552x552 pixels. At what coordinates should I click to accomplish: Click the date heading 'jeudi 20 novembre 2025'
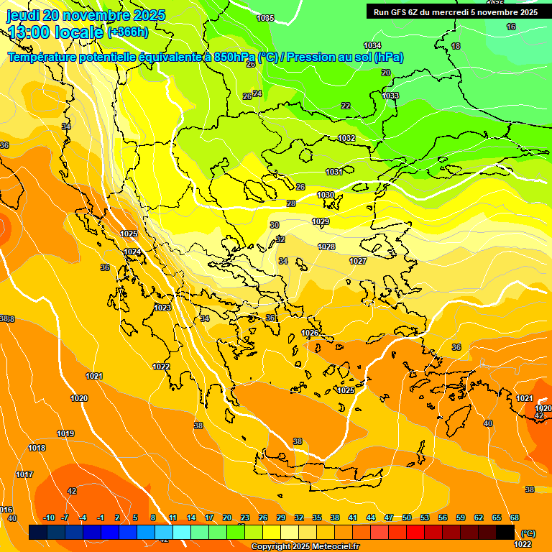(x=86, y=15)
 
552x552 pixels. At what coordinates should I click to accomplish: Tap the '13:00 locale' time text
(x=55, y=32)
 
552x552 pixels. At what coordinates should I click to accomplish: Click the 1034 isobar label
(x=372, y=45)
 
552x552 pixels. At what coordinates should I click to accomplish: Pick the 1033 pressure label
(x=390, y=96)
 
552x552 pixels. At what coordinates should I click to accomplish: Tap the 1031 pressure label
(x=334, y=172)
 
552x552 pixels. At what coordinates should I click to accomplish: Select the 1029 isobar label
(x=321, y=221)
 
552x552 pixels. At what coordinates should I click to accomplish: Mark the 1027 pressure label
(x=358, y=261)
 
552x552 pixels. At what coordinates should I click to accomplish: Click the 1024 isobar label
(x=132, y=252)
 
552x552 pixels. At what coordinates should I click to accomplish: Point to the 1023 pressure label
(x=162, y=308)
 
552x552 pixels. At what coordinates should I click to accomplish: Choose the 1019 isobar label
(x=65, y=433)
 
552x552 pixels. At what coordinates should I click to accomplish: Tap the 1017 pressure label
(x=24, y=474)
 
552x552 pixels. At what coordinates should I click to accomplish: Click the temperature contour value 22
(x=346, y=106)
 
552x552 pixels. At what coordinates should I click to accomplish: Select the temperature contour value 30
(x=275, y=225)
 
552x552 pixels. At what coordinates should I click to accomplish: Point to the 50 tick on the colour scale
(x=407, y=517)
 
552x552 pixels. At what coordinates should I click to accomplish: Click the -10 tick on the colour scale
(x=49, y=517)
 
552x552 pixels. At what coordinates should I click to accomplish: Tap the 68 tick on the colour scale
(x=515, y=517)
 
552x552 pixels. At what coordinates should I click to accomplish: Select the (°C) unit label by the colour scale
(x=528, y=533)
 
